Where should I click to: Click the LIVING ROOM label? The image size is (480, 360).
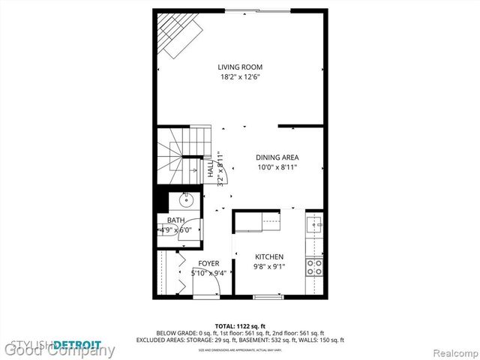pos(240,67)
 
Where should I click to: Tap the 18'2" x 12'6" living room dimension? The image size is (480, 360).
pos(240,76)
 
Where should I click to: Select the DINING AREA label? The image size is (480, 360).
pos(277,157)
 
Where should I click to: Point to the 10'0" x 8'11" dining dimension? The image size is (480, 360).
pos(277,167)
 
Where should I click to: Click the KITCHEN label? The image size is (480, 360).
pos(268,256)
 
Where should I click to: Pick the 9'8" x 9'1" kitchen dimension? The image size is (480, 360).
pos(268,266)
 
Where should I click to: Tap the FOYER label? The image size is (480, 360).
pos(208,263)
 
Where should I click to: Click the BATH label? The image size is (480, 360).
pos(175,220)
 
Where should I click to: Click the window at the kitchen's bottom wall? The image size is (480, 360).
pos(268,298)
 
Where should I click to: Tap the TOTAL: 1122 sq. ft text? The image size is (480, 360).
pos(240,326)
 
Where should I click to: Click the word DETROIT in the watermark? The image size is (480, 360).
pos(78,344)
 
